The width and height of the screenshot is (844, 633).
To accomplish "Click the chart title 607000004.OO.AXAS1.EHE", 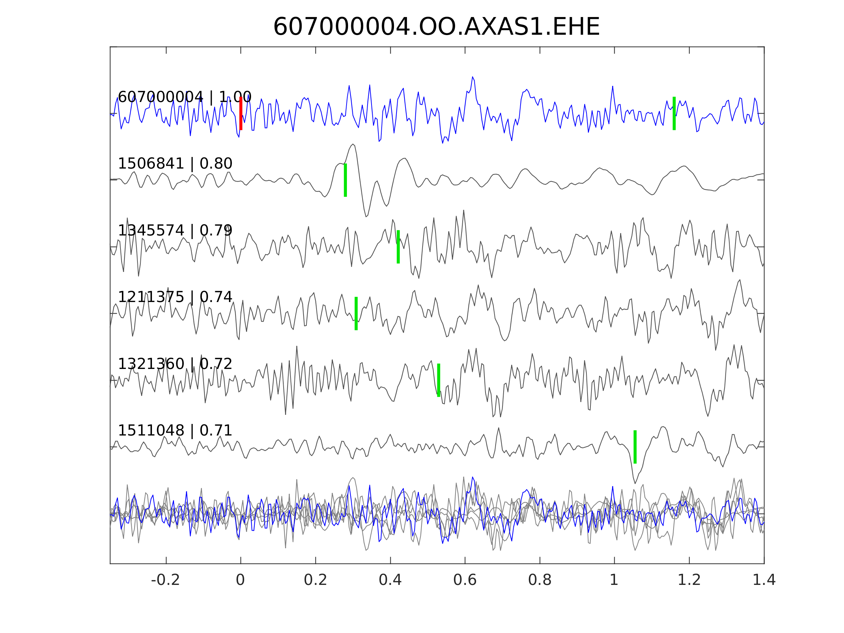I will (x=436, y=27).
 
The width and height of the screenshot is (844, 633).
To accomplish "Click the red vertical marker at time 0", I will (x=241, y=113).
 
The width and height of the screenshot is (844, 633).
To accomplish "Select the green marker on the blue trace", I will (x=674, y=113).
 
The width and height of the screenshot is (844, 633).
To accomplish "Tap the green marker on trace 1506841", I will (x=345, y=180).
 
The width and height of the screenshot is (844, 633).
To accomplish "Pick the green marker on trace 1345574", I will (x=398, y=247).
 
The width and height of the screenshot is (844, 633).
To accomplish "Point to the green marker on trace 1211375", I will (x=356, y=313).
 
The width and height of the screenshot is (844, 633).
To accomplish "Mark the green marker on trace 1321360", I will (x=438, y=380).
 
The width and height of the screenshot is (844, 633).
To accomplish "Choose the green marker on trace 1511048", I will (x=635, y=447).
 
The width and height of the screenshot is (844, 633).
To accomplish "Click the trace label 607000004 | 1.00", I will (x=184, y=97).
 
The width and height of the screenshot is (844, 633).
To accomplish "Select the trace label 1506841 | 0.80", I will (x=175, y=164).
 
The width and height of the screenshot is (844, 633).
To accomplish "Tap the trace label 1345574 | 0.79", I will (x=175, y=230).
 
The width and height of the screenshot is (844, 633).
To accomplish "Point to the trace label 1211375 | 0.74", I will (x=175, y=297).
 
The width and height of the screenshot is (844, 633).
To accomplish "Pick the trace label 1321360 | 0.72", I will (x=175, y=364).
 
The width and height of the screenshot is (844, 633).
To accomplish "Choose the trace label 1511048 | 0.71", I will (x=175, y=430).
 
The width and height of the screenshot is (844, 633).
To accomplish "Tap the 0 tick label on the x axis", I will (x=240, y=580).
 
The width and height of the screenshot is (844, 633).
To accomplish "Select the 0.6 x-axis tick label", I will (x=465, y=580).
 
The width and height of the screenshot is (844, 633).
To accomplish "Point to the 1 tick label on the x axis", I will (x=614, y=580).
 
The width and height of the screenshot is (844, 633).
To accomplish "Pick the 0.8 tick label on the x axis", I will (x=539, y=580).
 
